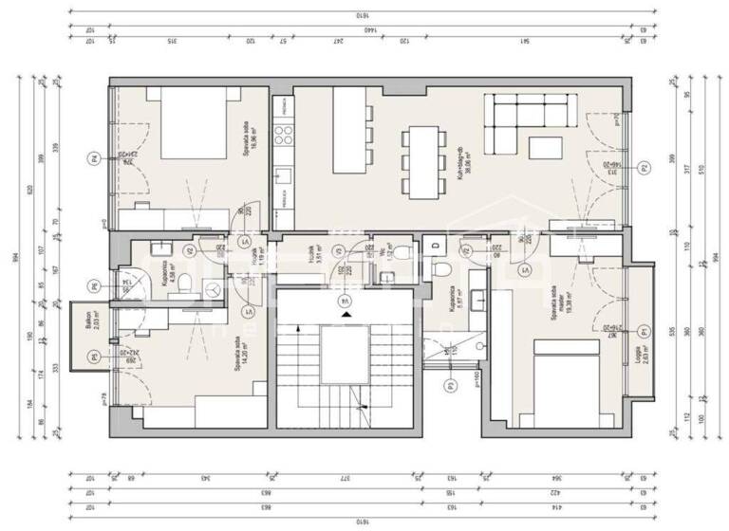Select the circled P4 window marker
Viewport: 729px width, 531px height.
(93, 157)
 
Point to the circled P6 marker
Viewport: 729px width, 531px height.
(93, 285)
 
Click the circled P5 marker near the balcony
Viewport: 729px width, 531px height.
(93, 357)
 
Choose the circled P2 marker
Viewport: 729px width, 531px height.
(644, 169)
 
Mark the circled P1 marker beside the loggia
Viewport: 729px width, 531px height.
(644, 331)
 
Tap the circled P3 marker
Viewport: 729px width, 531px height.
(450, 383)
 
